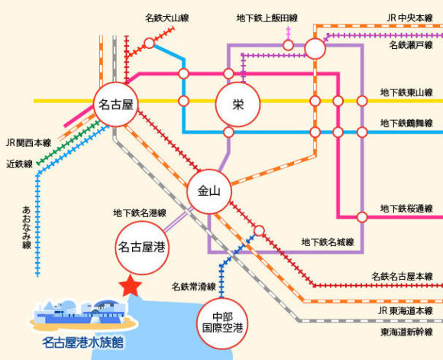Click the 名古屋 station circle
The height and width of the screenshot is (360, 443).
click(x=116, y=105)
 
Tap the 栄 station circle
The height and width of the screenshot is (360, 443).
click(x=238, y=105)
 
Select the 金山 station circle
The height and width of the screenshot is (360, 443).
click(x=209, y=191)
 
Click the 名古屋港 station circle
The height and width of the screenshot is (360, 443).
click(x=142, y=248)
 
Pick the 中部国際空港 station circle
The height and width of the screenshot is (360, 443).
click(x=222, y=323)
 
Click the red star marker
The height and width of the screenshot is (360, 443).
click(x=130, y=286)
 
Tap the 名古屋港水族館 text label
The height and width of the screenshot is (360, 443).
click(x=82, y=342)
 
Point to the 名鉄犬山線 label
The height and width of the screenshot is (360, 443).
click(x=167, y=18)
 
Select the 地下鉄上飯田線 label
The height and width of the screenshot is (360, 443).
click(x=267, y=18)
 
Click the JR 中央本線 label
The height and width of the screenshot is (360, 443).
click(x=409, y=18)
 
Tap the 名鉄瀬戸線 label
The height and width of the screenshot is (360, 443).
click(x=411, y=44)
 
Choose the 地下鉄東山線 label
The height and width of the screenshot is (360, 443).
click(x=406, y=92)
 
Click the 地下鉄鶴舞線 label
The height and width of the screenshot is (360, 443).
click(x=406, y=123)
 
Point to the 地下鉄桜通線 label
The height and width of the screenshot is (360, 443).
click(x=406, y=209)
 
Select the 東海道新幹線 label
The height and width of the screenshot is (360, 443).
click(x=406, y=332)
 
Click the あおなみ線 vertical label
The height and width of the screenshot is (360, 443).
click(x=26, y=227)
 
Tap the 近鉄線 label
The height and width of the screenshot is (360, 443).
click(x=20, y=164)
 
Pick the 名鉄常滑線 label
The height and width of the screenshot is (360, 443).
click(x=194, y=287)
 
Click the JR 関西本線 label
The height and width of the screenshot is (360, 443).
click(x=28, y=142)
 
